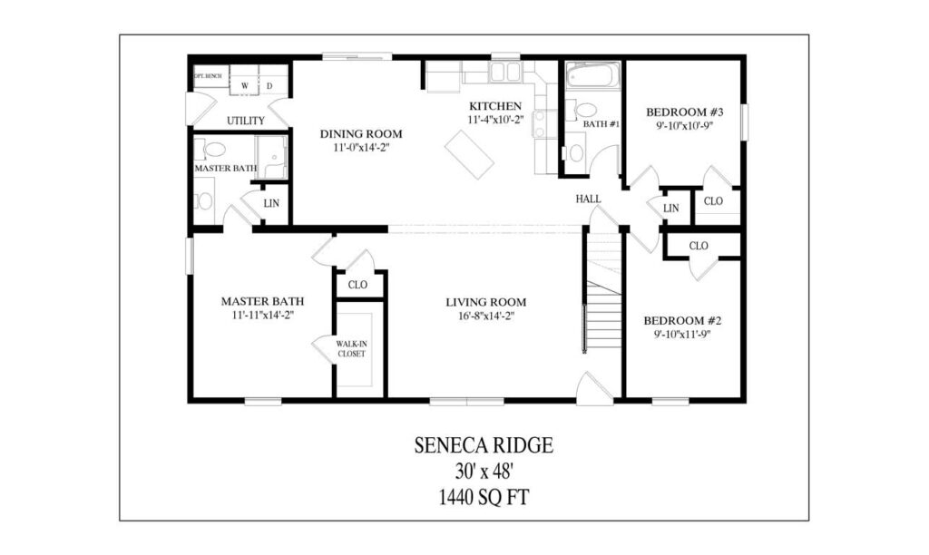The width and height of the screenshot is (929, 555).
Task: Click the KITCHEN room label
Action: point(494,106)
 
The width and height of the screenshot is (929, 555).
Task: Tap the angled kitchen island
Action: point(469,154)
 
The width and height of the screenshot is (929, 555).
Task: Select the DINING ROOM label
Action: point(360,133)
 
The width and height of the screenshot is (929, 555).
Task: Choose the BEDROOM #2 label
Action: point(681,321)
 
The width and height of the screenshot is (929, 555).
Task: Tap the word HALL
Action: point(588,199)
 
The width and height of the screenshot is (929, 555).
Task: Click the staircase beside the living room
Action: point(602,308)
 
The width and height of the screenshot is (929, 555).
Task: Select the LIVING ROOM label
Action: point(485,302)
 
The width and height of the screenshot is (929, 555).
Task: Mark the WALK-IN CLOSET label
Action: point(351,348)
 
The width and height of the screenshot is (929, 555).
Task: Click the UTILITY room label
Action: point(245,121)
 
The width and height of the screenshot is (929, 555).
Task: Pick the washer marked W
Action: point(245,86)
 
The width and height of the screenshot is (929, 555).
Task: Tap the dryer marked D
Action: point(269,86)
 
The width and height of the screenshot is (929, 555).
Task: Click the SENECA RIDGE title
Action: point(484,445)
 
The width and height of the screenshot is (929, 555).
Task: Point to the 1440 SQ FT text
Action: point(484,496)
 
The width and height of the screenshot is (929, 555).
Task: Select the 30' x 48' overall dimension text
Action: point(484,472)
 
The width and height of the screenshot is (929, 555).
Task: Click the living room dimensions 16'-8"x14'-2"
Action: point(485,316)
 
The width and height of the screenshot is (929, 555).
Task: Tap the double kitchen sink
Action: point(505,73)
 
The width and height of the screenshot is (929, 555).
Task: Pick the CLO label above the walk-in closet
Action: point(357,285)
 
